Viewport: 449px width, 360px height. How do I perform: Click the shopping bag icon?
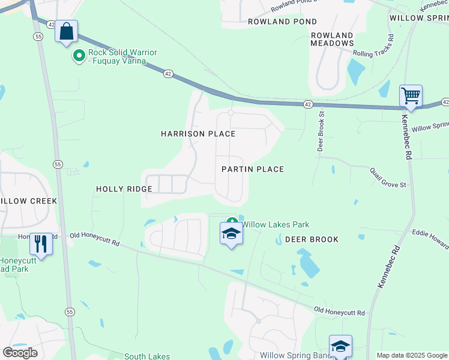(x=67, y=31)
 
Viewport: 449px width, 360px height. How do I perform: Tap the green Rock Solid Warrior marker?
(x=79, y=56)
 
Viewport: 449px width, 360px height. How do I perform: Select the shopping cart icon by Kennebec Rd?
(x=411, y=95)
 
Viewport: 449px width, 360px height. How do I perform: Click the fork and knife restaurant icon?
(x=41, y=243)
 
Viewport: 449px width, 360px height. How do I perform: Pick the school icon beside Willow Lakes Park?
(x=231, y=234)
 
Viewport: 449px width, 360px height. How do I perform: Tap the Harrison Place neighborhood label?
(x=197, y=134)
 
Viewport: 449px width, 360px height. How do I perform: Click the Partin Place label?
(x=252, y=169)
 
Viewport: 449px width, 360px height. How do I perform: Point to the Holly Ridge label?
(x=124, y=189)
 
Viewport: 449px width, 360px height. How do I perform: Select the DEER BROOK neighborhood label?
(x=312, y=239)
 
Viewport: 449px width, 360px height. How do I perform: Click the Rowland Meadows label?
(x=332, y=39)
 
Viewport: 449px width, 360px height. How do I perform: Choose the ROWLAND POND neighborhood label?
(x=282, y=22)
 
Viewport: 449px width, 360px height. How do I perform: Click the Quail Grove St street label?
(x=388, y=177)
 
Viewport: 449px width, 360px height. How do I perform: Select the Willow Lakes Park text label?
(x=275, y=224)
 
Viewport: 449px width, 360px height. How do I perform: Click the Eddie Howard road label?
(x=430, y=238)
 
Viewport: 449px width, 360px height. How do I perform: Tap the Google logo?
(x=20, y=353)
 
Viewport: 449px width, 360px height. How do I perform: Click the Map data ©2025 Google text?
(x=411, y=355)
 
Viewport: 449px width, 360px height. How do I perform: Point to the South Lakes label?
(x=147, y=356)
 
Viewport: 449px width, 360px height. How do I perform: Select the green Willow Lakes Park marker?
(x=232, y=221)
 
